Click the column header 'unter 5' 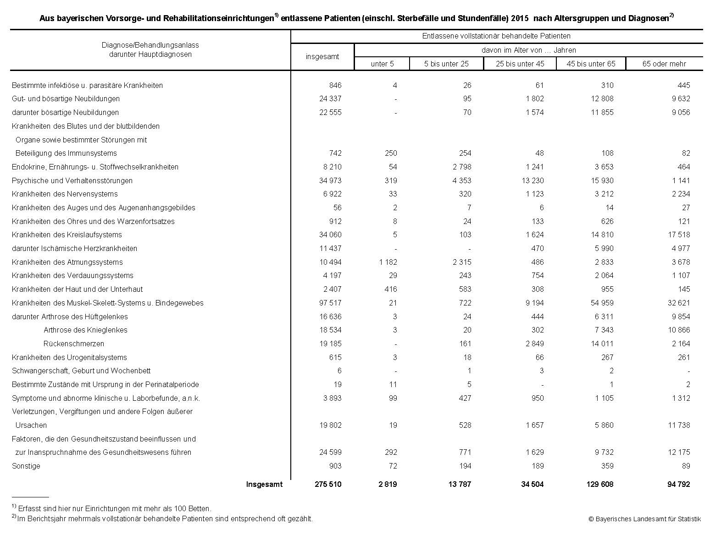[x=382, y=64]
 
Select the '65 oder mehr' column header [x=664, y=64]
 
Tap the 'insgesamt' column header [x=322, y=56]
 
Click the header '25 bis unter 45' [x=520, y=64]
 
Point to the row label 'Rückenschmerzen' [x=74, y=344]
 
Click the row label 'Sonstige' [x=26, y=466]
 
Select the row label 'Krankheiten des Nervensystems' [x=65, y=194]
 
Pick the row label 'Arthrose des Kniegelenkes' [x=85, y=330]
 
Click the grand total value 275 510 [x=327, y=484]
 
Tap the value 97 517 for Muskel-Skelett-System [x=330, y=303]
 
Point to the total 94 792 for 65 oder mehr [x=678, y=484]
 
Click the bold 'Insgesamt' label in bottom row [x=264, y=484]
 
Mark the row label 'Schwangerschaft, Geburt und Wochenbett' [x=81, y=371]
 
